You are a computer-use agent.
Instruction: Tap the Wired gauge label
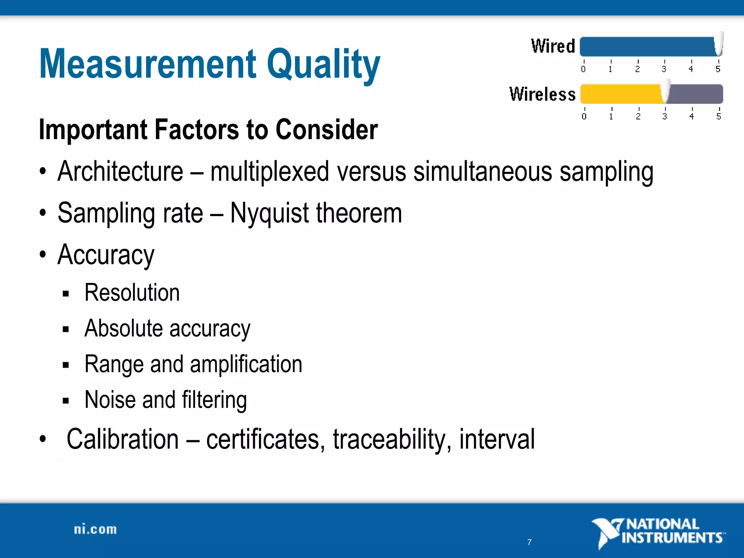tap(553, 46)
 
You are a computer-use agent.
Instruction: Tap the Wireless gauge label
tap(542, 94)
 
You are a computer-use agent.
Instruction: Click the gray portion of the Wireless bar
tap(696, 94)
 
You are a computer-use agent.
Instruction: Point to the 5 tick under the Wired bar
tap(718, 69)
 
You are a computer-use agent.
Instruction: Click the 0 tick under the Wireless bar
tap(584, 116)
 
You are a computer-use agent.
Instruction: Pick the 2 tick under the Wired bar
tap(638, 69)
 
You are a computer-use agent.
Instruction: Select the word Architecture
tap(120, 171)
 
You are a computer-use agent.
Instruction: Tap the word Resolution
tap(132, 293)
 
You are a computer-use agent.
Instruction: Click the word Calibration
tap(122, 439)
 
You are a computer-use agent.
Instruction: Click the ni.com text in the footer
tap(95, 529)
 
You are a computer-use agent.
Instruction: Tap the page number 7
tap(529, 542)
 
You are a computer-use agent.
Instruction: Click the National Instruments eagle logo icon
tap(607, 532)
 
